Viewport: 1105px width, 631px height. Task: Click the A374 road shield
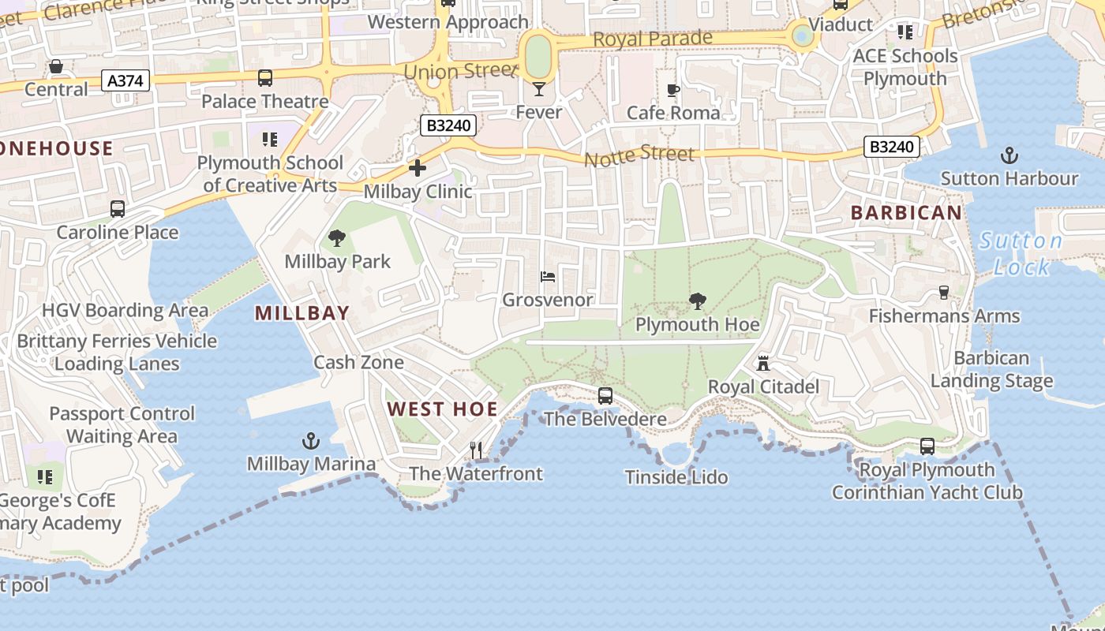click(125, 80)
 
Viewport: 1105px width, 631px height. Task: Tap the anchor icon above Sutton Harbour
click(1009, 155)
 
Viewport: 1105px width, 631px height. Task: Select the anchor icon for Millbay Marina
click(311, 440)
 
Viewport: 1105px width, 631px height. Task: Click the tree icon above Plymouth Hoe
click(697, 301)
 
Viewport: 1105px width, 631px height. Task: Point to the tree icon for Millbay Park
click(337, 237)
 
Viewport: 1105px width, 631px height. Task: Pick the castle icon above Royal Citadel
click(762, 364)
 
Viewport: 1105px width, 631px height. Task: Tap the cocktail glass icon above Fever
click(538, 88)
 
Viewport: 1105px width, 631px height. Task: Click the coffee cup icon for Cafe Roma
click(672, 90)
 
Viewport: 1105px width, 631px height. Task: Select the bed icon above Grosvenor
click(548, 277)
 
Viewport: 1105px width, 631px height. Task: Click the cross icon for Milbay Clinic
click(417, 168)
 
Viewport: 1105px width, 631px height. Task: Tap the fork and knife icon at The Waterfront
click(476, 450)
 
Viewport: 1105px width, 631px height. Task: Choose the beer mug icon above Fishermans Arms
click(943, 293)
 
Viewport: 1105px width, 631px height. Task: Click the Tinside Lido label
click(676, 477)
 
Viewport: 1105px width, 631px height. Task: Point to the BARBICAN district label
click(906, 213)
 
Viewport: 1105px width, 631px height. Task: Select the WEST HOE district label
click(442, 409)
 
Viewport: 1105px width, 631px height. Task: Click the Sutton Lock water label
click(1021, 253)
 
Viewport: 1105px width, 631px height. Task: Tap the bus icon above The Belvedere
click(605, 395)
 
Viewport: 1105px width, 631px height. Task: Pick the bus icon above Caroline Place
click(118, 209)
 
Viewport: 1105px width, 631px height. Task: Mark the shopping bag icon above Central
click(56, 66)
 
